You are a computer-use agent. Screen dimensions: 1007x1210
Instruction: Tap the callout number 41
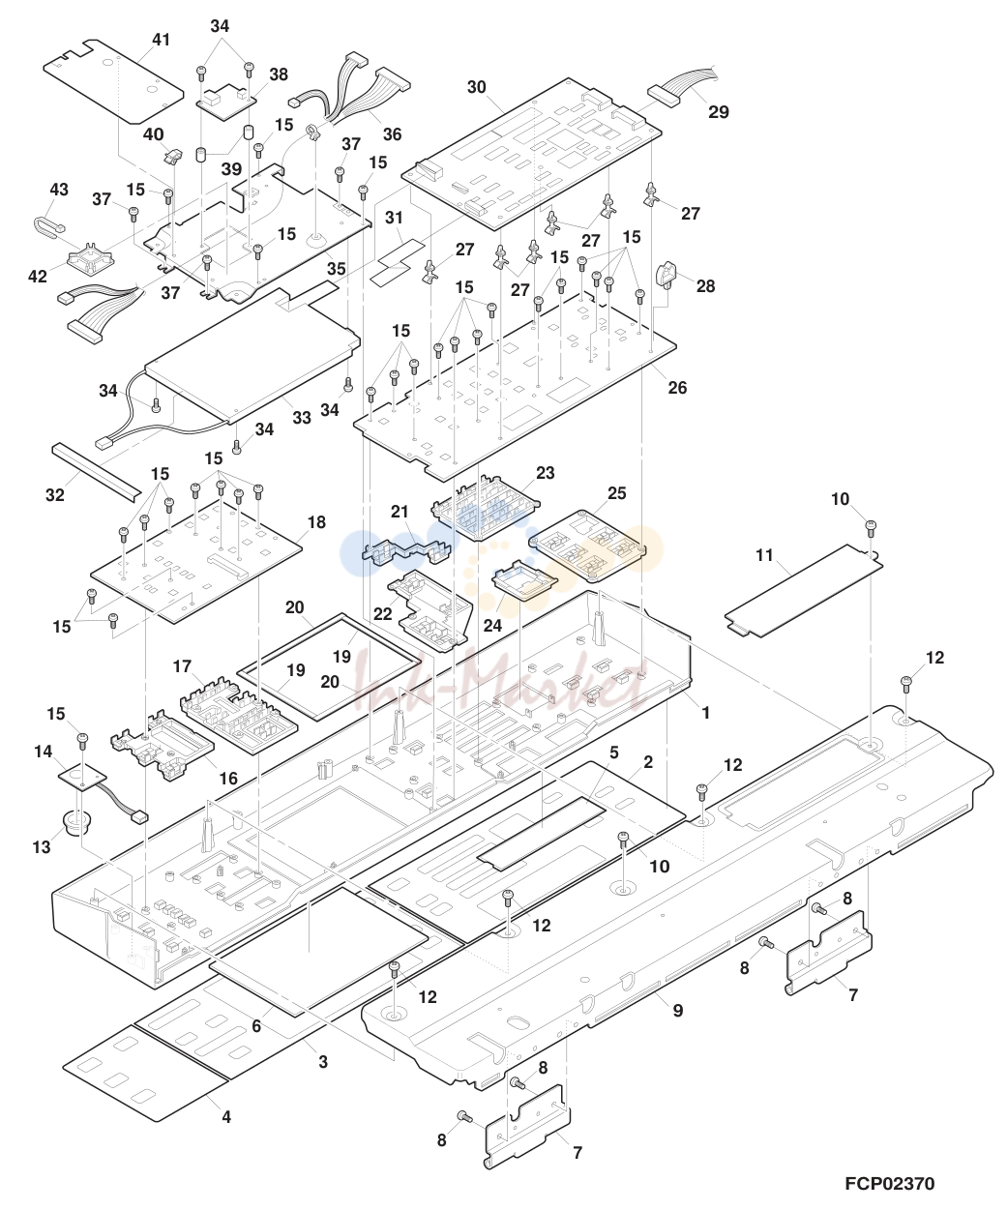click(x=161, y=40)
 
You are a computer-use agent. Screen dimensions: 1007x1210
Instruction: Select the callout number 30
click(x=477, y=87)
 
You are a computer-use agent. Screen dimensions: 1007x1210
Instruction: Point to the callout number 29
click(x=719, y=112)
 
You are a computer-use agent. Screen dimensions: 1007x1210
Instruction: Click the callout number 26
click(x=677, y=388)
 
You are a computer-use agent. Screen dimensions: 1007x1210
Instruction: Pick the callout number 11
click(x=764, y=555)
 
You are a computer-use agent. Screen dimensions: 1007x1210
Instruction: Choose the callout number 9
click(x=678, y=1010)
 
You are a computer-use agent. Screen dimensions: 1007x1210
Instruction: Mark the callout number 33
click(x=302, y=417)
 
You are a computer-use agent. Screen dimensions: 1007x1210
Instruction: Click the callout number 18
click(x=316, y=522)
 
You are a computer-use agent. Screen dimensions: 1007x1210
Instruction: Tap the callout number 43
click(x=59, y=190)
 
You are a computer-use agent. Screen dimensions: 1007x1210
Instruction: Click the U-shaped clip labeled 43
click(x=48, y=226)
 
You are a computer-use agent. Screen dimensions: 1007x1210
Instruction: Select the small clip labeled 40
click(x=171, y=157)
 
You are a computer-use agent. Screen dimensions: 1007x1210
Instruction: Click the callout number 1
click(x=705, y=713)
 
